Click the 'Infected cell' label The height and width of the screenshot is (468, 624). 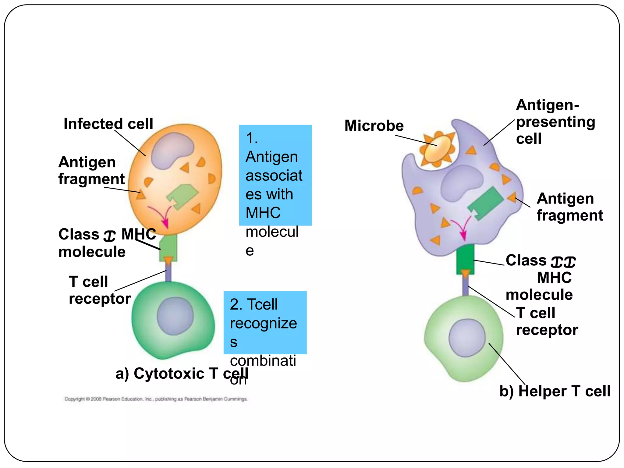pos(108,124)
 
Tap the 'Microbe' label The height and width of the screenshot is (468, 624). pos(374,126)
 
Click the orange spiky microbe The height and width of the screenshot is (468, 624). pos(438,149)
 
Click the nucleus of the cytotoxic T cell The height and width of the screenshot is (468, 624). pos(175,316)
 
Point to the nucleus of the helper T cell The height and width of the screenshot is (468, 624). pos(467,338)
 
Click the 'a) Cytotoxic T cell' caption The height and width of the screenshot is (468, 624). pos(182,374)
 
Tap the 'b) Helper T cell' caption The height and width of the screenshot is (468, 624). pos(555,391)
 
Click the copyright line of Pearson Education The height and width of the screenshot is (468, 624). pos(156,399)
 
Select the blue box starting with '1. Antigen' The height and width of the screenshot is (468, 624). pos(275,175)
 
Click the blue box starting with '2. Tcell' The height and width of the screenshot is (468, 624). pos(265,322)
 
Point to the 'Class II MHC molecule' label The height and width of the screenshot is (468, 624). pos(540,277)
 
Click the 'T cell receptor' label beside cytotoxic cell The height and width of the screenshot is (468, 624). pos(99,290)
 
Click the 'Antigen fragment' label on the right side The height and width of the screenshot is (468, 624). pos(569,207)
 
